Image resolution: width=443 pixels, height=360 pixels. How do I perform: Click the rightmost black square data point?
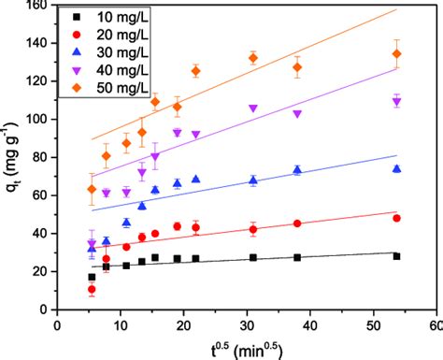[x=397, y=256]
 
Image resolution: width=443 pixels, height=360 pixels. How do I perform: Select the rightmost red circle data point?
[x=397, y=218]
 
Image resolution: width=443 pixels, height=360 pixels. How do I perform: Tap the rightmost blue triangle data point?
[x=397, y=168]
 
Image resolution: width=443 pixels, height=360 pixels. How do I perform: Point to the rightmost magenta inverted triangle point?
[x=397, y=102]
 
